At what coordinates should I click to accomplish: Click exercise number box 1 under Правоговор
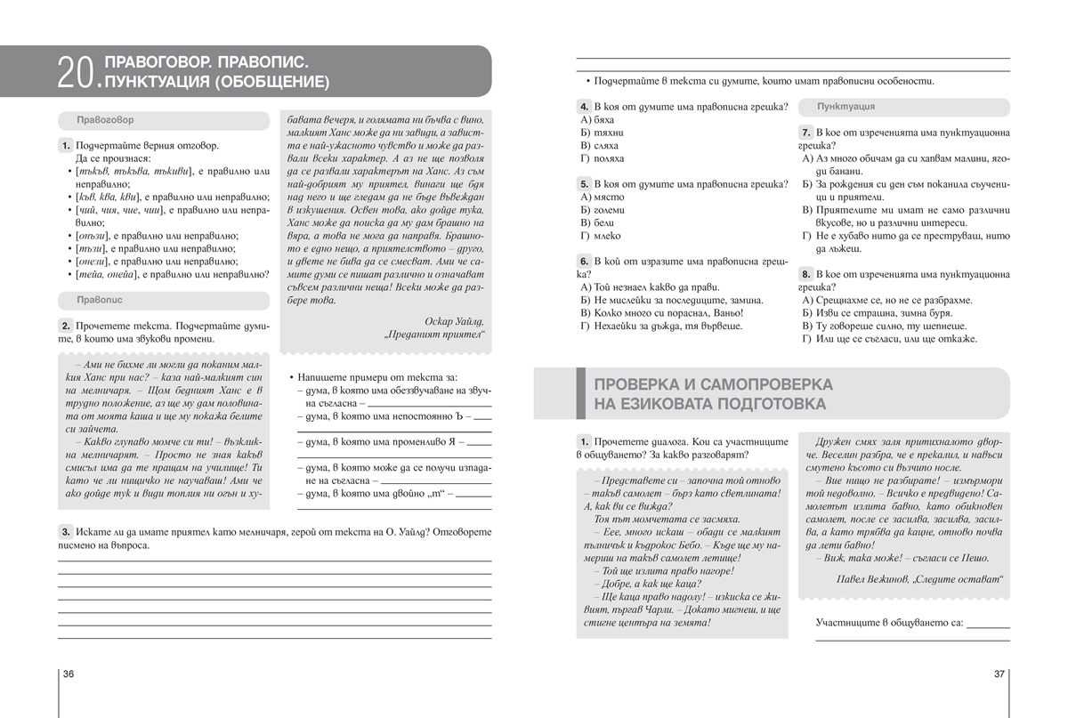point(66,145)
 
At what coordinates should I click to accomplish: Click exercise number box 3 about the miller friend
point(66,531)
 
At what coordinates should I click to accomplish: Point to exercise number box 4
point(584,107)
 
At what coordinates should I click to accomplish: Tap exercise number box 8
point(805,274)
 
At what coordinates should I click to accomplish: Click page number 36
point(68,674)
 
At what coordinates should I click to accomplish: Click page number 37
point(999,674)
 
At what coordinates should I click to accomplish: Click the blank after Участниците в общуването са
point(987,625)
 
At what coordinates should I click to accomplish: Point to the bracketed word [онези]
point(94,262)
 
